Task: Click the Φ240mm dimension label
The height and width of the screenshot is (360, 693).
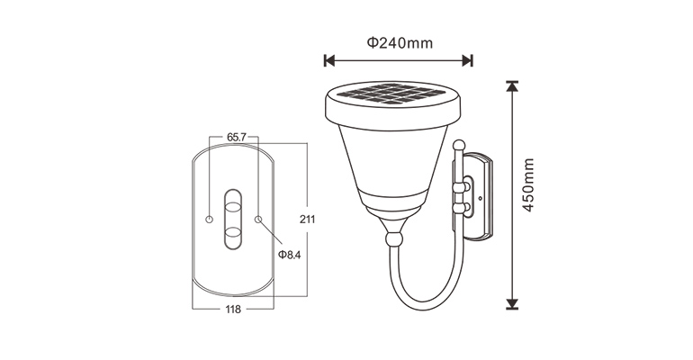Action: tap(400, 42)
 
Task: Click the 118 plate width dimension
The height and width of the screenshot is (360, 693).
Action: tap(233, 310)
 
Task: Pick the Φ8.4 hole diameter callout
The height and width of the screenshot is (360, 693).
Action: tap(289, 255)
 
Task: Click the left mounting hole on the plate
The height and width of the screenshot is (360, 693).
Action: tap(209, 219)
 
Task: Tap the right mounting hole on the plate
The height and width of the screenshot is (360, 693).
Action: tap(258, 219)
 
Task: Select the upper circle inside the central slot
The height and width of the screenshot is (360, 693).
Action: tap(233, 206)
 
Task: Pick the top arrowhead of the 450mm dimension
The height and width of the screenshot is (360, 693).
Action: tap(512, 86)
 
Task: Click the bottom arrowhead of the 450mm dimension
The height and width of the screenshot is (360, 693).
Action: tap(512, 304)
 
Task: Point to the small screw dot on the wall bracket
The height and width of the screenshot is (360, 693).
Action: tap(481, 198)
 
